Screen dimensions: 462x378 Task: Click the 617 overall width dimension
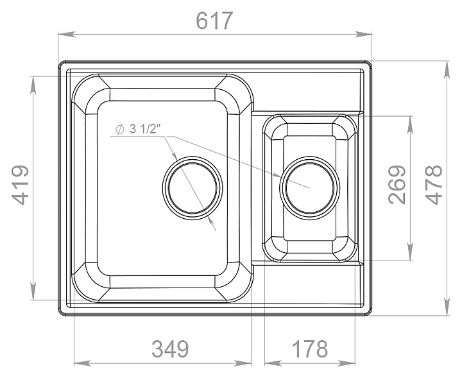click(x=214, y=21)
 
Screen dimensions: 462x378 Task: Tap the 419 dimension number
click(x=21, y=185)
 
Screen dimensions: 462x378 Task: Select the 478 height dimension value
click(x=434, y=184)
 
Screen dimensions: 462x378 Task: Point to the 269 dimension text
click(x=397, y=184)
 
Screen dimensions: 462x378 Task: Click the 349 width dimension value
click(x=170, y=349)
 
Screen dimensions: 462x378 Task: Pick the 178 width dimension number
click(x=310, y=349)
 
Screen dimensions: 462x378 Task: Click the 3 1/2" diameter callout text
click(x=145, y=129)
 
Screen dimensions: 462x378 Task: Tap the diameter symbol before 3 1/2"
click(x=119, y=130)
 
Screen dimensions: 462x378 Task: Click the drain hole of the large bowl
click(x=193, y=187)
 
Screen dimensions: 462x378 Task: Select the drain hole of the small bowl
click(x=309, y=187)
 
